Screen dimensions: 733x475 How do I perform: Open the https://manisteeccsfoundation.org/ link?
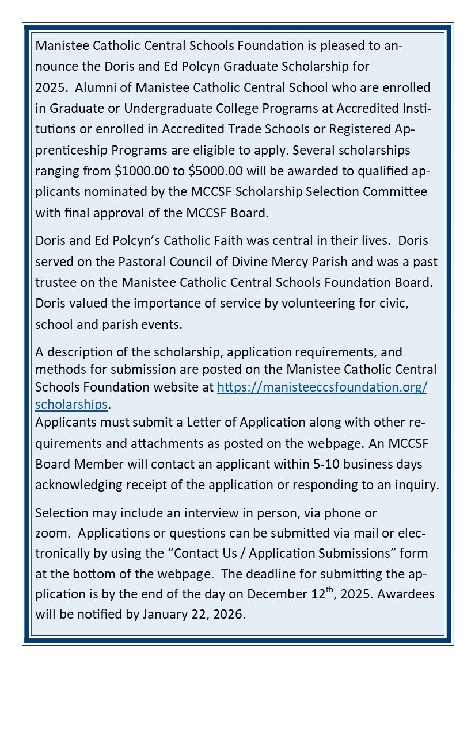[x=322, y=387]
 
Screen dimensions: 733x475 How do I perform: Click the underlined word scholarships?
[x=71, y=404]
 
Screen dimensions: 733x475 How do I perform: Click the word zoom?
[x=51, y=533]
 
